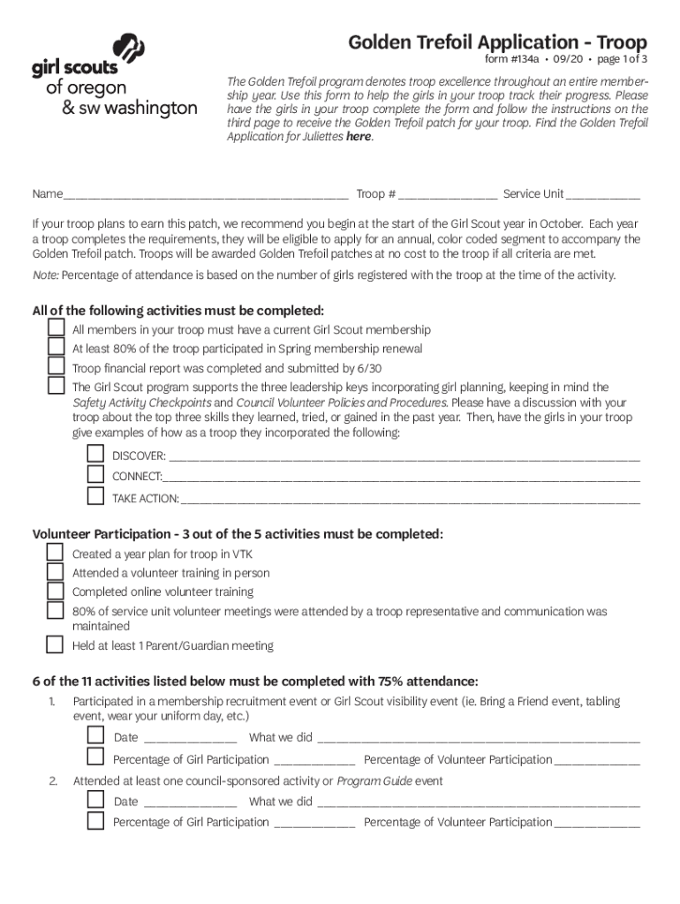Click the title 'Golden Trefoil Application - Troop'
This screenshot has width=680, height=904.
(x=497, y=42)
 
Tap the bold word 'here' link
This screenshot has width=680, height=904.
(x=359, y=137)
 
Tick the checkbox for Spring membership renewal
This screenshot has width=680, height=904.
(x=57, y=348)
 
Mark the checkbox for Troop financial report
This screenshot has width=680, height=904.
(x=57, y=367)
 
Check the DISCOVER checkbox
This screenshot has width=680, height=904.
(x=95, y=455)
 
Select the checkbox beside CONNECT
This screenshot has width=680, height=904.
(x=95, y=475)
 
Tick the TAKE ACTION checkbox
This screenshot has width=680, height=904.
(x=95, y=496)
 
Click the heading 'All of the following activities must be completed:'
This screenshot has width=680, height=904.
(x=178, y=311)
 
